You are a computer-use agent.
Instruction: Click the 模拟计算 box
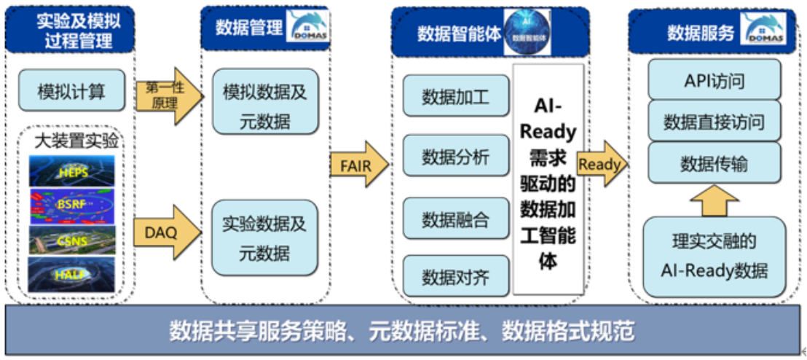click(71, 91)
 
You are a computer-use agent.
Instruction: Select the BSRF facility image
click(71, 206)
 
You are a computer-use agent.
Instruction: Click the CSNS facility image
click(71, 240)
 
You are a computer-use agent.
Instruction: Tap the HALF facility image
click(71, 274)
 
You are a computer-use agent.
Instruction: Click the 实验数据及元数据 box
click(265, 238)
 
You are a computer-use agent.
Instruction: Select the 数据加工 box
click(456, 95)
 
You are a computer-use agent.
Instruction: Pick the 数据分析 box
click(456, 156)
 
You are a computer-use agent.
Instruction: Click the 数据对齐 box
click(456, 277)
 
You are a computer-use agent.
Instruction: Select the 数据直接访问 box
click(714, 121)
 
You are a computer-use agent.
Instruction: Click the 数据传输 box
click(714, 163)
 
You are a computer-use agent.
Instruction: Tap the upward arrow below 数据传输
click(714, 200)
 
